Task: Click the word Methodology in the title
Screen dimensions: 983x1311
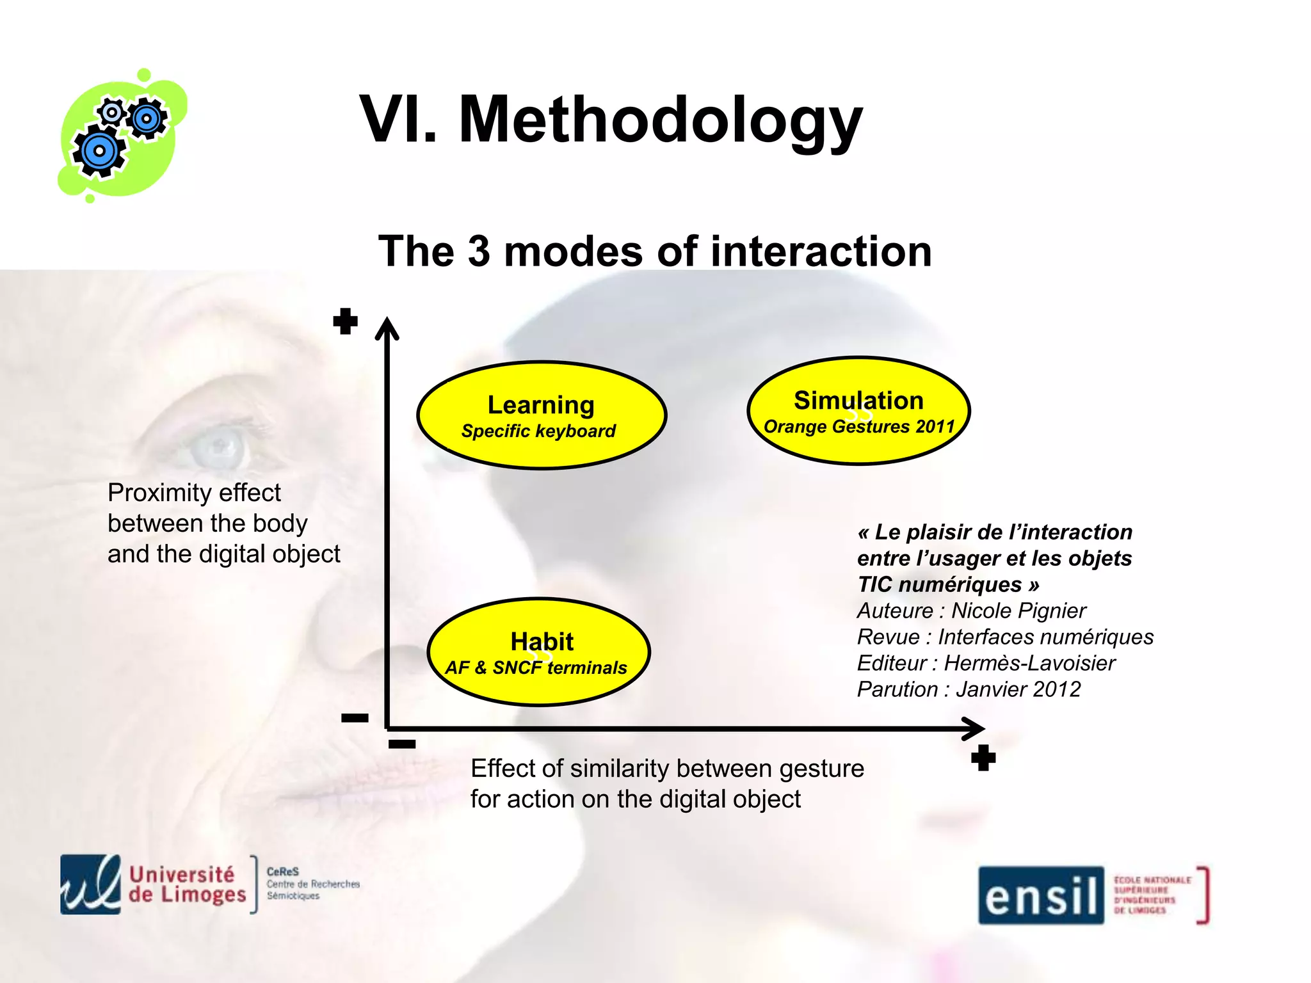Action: point(661,120)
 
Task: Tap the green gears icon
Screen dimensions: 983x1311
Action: point(122,136)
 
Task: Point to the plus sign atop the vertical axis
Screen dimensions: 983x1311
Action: point(345,321)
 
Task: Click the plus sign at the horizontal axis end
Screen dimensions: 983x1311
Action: point(983,758)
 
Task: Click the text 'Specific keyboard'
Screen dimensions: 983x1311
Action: point(538,431)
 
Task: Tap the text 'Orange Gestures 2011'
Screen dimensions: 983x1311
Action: point(859,427)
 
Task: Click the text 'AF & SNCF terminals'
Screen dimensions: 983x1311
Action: point(536,668)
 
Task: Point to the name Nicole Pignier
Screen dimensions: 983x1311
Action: point(1018,611)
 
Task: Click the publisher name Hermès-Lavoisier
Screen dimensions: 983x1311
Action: point(1029,663)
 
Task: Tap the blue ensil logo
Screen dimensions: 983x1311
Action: point(1041,895)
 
